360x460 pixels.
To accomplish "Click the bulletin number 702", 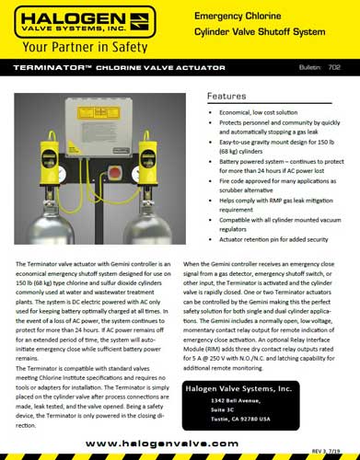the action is click(x=334, y=69).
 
